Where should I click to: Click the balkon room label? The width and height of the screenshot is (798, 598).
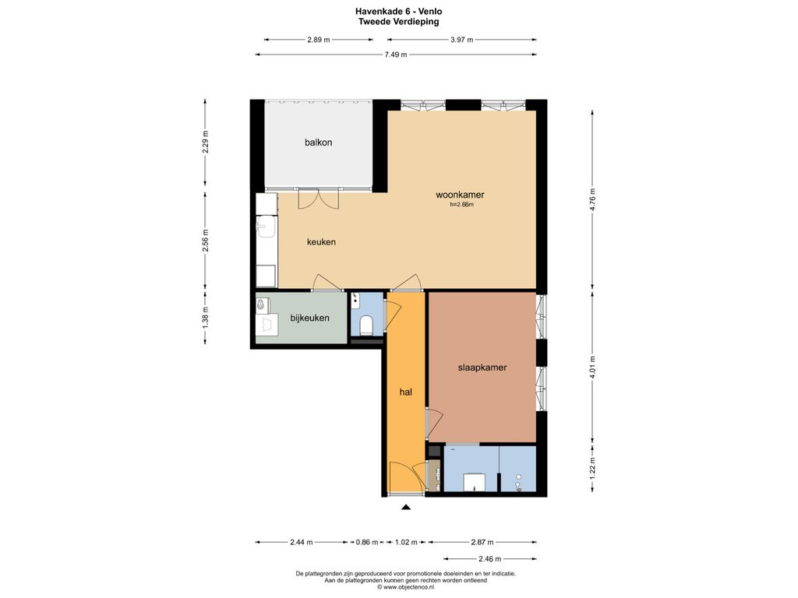[x=318, y=142]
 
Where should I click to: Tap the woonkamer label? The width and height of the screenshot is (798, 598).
[x=460, y=194]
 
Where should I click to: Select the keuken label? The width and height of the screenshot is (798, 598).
[x=321, y=242]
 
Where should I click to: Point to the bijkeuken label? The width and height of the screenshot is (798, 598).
[x=309, y=318]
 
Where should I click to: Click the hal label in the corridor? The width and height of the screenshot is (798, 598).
[x=405, y=392]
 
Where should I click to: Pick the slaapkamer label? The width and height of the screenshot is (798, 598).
[x=482, y=368]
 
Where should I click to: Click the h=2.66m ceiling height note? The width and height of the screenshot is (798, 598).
[x=461, y=205]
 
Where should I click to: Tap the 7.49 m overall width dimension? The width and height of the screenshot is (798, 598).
[x=395, y=55]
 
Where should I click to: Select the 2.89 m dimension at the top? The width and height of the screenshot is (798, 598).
[x=319, y=39]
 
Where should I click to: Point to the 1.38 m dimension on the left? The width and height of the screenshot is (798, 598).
[x=205, y=318]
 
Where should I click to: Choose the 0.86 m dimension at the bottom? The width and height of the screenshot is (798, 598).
[x=367, y=542]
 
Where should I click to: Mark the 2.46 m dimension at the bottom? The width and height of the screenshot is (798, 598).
[x=490, y=558]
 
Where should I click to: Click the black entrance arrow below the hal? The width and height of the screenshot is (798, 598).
[x=405, y=506]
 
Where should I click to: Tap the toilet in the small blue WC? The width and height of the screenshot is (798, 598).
[x=366, y=324]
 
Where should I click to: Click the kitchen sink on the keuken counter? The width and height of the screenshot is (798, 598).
[x=265, y=227]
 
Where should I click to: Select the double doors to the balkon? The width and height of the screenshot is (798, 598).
[x=318, y=199]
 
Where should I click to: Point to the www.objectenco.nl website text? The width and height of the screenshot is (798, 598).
[x=405, y=587]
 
